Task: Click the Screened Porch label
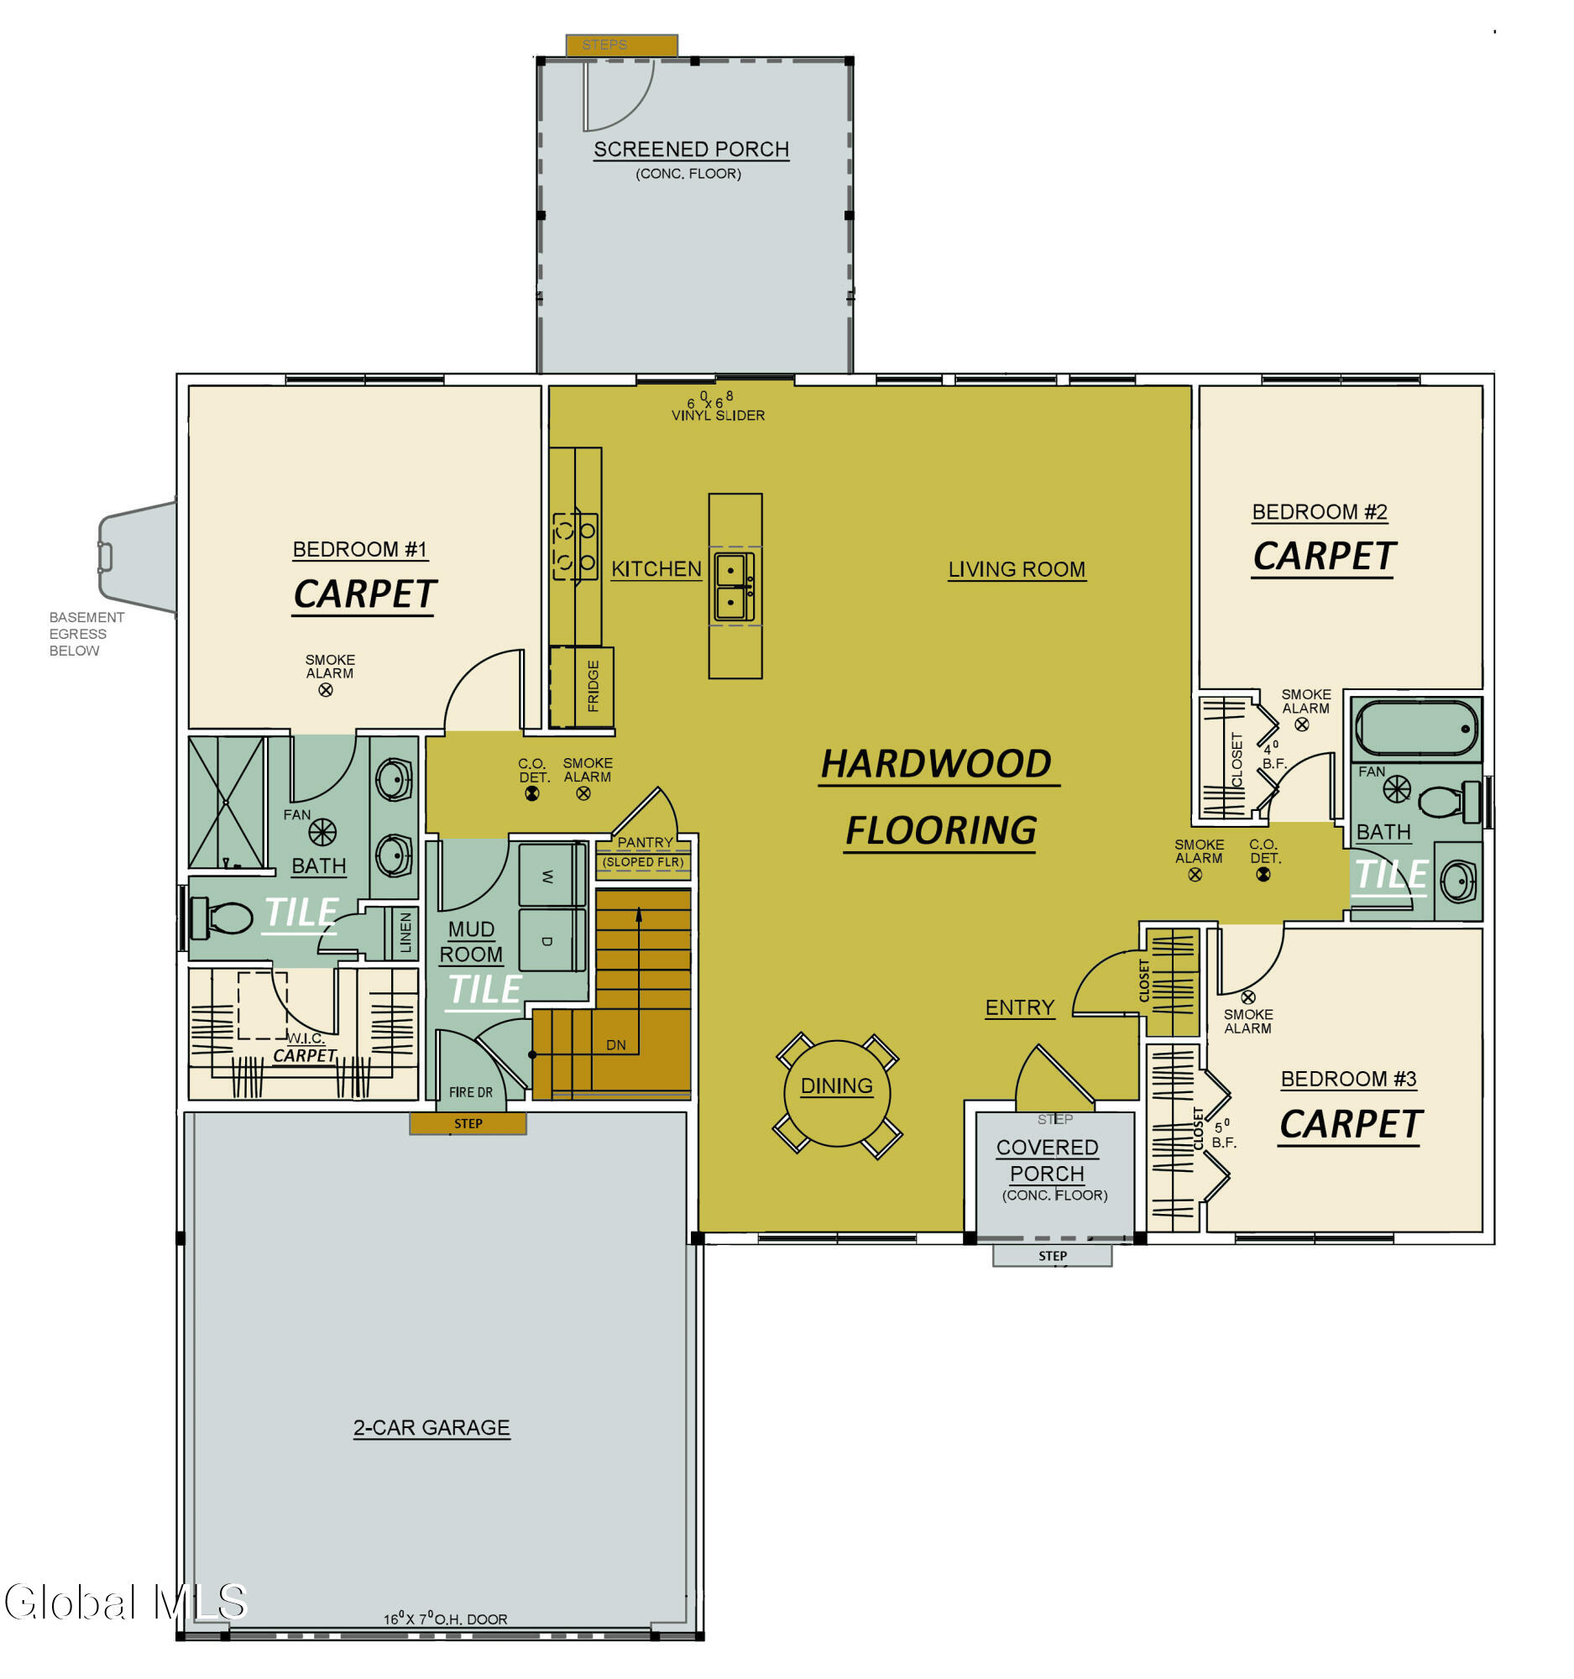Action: tap(691, 149)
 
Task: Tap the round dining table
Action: tap(836, 1093)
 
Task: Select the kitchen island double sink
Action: tap(733, 586)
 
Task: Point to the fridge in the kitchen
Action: tap(582, 687)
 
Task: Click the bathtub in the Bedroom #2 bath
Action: tap(1416, 729)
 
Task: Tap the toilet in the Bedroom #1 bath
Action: tap(222, 918)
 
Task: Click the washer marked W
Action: tap(552, 876)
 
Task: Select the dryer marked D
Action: tap(552, 940)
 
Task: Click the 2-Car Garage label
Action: tap(431, 1427)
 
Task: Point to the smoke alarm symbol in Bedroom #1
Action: tap(325, 690)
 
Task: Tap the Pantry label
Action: tap(645, 842)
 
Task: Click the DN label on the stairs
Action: tap(615, 1044)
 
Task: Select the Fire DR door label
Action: tap(470, 1092)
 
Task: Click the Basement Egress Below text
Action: tap(86, 634)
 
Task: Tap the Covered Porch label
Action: tap(1046, 1159)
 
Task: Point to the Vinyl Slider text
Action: tap(718, 416)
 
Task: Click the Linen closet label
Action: tap(405, 932)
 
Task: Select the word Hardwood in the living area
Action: tap(936, 763)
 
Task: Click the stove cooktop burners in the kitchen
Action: tap(575, 546)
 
